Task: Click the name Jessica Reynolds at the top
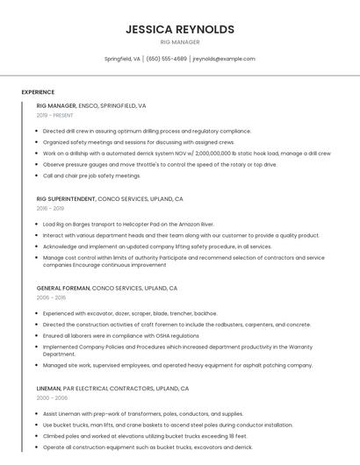click(180, 29)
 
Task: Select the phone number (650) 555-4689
click(167, 59)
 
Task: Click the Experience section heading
click(38, 92)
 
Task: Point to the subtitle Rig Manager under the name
click(180, 42)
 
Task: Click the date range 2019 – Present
click(54, 115)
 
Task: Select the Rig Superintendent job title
click(67, 199)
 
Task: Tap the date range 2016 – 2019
click(50, 209)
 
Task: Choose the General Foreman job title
click(62, 288)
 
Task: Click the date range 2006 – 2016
click(51, 297)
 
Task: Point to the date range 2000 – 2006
click(52, 397)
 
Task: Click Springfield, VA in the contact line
click(122, 59)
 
